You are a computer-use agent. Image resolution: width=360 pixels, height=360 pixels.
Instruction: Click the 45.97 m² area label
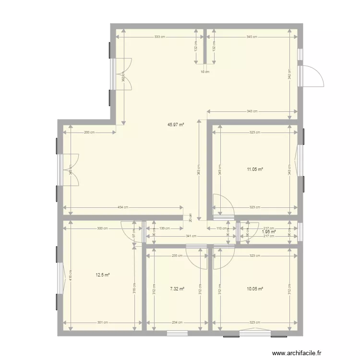(176, 124)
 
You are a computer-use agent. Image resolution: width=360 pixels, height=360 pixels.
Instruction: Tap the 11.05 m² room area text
(255, 169)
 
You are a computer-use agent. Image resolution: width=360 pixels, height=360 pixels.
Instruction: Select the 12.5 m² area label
(103, 275)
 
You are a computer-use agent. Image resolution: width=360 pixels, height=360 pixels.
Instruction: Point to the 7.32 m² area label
(177, 289)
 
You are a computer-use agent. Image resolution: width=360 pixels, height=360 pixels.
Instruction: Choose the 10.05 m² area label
(255, 289)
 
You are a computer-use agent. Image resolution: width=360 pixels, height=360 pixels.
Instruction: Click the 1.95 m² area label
(268, 232)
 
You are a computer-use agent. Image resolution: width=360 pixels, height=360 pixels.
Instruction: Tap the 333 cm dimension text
(161, 37)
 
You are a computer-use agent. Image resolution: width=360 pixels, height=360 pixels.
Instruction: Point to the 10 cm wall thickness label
(205, 72)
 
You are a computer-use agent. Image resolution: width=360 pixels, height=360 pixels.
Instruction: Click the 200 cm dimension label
(89, 132)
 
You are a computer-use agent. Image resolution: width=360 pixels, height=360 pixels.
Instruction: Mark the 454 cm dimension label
(123, 207)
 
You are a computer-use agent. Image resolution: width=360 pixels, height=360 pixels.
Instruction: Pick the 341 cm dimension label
(191, 236)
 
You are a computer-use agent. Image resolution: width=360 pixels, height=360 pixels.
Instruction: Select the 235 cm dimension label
(177, 256)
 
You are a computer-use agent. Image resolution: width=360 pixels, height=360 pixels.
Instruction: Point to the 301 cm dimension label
(103, 323)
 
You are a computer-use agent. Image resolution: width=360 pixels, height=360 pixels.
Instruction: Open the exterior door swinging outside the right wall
(313, 75)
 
